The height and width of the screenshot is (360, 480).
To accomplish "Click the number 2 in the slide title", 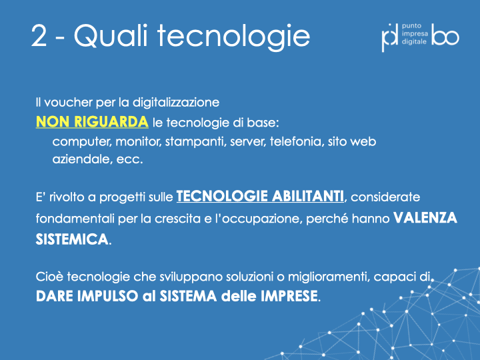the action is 39,36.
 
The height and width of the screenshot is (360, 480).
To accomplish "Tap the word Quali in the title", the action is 111,35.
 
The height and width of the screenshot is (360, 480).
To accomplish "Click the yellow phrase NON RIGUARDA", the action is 92,122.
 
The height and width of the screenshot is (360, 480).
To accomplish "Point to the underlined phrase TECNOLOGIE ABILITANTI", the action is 260,196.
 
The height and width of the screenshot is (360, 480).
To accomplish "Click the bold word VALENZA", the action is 425,218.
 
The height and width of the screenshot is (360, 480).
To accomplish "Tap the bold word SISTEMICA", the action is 72,239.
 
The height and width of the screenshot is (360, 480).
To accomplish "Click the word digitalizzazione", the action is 176,103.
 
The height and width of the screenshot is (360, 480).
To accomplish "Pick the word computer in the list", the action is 80,142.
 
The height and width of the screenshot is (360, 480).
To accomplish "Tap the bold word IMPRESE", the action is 289,296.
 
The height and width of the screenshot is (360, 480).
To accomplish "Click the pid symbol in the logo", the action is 389,37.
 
